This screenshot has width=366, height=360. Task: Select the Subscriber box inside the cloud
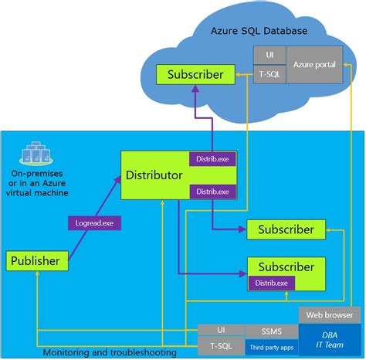(x=196, y=75)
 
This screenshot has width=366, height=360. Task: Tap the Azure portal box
(x=315, y=64)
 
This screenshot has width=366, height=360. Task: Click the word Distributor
(x=154, y=175)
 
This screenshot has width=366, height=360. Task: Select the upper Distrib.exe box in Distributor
(x=212, y=159)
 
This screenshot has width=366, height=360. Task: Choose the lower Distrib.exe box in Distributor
(x=212, y=191)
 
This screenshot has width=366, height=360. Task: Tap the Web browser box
(x=329, y=315)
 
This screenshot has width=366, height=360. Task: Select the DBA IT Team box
(x=329, y=341)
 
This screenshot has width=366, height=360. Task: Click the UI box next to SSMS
(x=221, y=331)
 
